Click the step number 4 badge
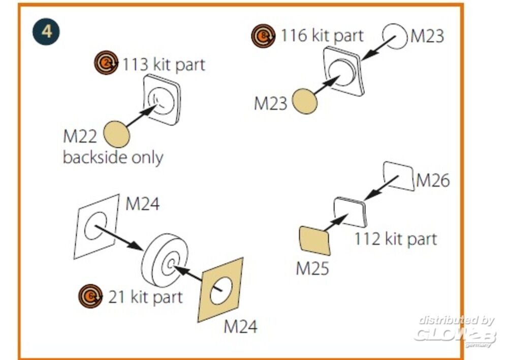tap(47, 31)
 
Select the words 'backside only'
tap(113, 157)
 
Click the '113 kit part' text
tap(164, 65)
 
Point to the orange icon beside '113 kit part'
tap(106, 63)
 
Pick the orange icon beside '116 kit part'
tap(263, 36)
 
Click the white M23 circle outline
tap(395, 36)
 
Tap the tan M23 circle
tap(305, 101)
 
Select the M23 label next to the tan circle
tap(271, 103)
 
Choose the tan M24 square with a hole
tap(221, 289)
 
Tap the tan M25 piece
tap(315, 241)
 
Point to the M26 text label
tap(433, 180)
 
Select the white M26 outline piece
tap(399, 176)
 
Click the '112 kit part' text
tap(395, 238)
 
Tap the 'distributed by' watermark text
tap(456, 320)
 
